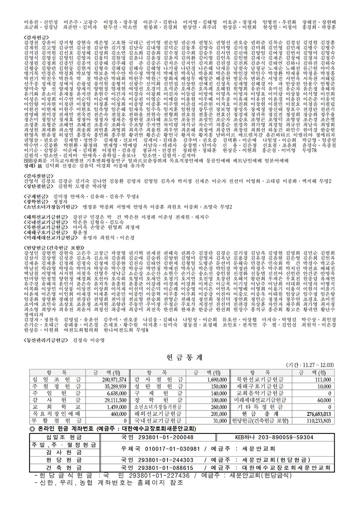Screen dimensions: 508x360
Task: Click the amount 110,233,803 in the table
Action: click(x=319, y=421)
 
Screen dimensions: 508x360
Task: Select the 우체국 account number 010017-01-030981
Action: click(x=172, y=448)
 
